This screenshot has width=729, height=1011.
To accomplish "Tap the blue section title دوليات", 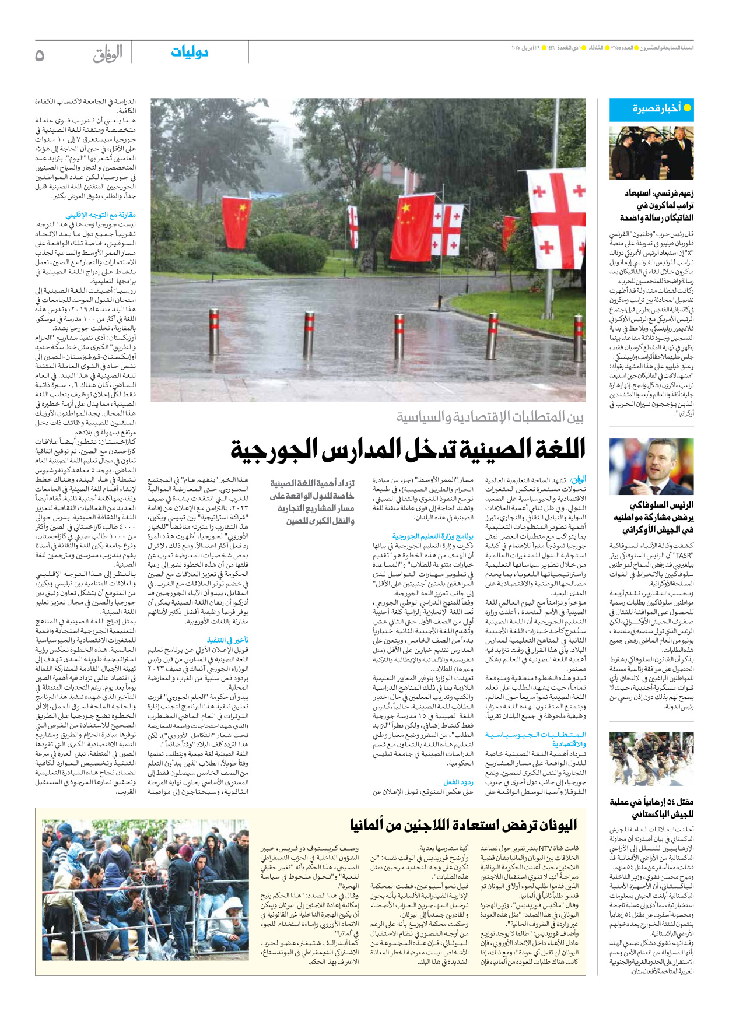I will [190, 52].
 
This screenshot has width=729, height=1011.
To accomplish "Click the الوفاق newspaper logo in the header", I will [108, 54].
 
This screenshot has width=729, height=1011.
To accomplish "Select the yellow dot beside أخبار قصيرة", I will [687, 108].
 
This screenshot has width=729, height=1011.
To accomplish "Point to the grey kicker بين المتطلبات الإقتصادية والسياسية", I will [490, 417].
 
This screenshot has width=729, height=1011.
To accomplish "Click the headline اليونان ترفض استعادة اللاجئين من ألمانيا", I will [463, 825].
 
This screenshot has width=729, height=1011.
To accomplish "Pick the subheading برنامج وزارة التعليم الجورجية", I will [433, 536].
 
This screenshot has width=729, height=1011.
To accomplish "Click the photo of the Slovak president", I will [651, 467].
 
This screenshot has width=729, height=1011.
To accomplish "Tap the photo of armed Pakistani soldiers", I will [651, 759].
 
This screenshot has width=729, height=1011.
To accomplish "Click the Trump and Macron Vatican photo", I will [651, 153].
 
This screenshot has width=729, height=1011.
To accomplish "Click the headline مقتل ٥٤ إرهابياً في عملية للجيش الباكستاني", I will [651, 808].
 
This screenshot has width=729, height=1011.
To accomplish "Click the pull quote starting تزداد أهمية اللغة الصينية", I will [312, 502].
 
